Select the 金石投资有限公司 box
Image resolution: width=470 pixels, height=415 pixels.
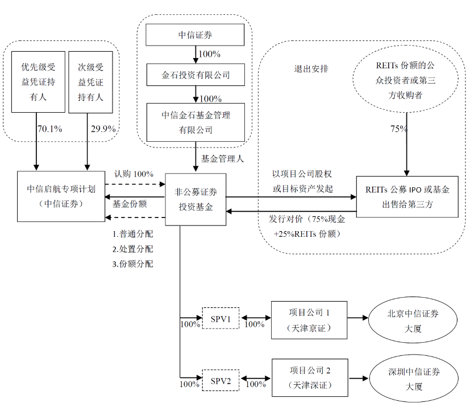[x=195, y=75]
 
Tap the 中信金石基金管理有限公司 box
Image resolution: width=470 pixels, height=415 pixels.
[x=195, y=122]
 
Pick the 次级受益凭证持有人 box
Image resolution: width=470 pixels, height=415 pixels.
[x=90, y=82]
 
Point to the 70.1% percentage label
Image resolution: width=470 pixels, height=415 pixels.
[x=49, y=129]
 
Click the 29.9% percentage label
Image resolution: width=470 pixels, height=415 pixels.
[x=103, y=129]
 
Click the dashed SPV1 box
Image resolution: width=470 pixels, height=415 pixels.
[x=221, y=318]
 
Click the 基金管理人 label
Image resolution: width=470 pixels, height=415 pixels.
[x=222, y=159]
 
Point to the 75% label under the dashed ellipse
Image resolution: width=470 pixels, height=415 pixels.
[x=398, y=129]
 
